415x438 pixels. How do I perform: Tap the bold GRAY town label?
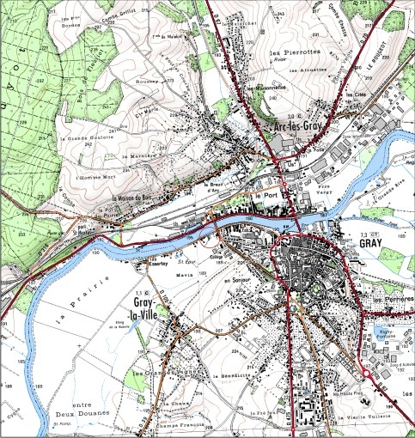pos(369,243)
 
